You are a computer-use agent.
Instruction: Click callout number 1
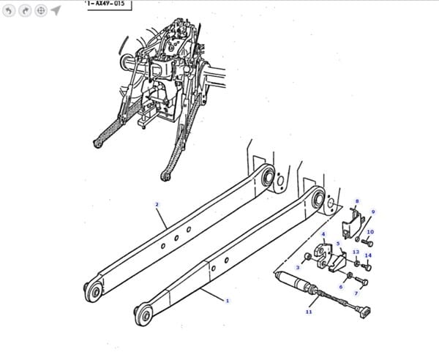pyautogui.click(x=228, y=301)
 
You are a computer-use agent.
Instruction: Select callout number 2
pyautogui.click(x=157, y=204)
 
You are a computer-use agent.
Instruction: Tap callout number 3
pyautogui.click(x=298, y=268)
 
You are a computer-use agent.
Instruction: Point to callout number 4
pyautogui.click(x=323, y=234)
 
